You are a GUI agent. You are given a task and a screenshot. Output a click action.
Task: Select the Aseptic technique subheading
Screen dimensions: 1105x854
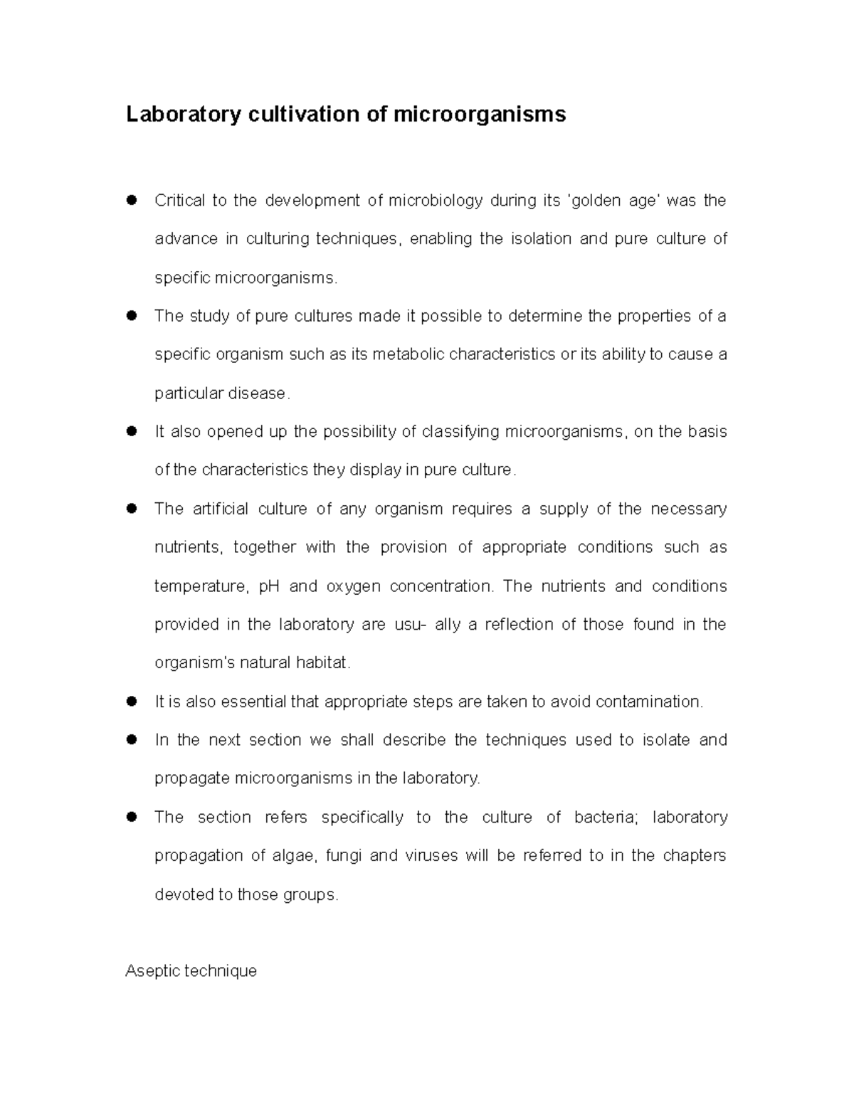(x=191, y=971)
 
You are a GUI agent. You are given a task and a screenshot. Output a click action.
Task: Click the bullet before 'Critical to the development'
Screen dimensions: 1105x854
(x=131, y=201)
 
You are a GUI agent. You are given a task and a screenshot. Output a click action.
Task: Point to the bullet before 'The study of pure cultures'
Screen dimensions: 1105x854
(x=131, y=316)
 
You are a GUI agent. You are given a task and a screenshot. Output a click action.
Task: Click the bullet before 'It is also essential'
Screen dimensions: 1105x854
(x=131, y=702)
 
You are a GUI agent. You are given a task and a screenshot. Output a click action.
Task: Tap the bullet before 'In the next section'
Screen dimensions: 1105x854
(x=131, y=740)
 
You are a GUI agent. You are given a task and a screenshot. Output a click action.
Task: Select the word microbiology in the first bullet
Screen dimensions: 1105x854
(x=436, y=201)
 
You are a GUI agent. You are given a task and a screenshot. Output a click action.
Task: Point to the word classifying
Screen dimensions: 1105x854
(x=460, y=432)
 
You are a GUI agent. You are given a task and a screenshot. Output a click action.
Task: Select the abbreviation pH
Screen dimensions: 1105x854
(x=268, y=586)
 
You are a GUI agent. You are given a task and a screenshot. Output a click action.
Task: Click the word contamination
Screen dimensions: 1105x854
(x=648, y=702)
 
